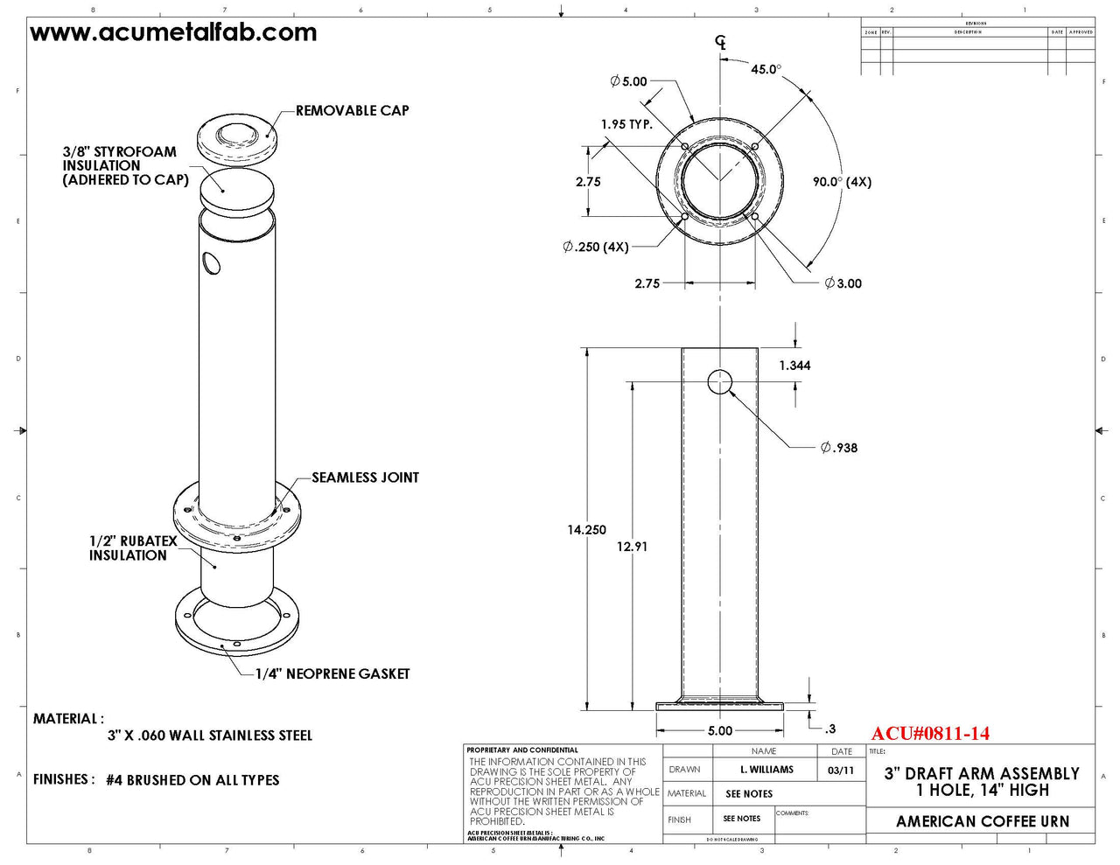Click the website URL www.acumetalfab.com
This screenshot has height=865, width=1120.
coord(173,33)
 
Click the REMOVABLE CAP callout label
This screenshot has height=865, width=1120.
coord(352,111)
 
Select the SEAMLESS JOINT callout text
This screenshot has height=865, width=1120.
coord(365,478)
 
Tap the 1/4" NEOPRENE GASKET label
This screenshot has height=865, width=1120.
coord(332,674)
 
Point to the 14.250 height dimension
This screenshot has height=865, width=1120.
coord(586,530)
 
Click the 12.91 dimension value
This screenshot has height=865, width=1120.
coord(632,547)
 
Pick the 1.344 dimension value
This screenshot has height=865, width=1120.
coord(794,366)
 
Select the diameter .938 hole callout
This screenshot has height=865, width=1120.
coord(839,448)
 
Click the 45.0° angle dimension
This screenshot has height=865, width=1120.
coord(766,69)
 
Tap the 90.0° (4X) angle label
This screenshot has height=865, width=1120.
coord(842,182)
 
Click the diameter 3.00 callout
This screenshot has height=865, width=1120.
coord(843,283)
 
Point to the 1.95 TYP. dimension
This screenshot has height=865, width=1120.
coord(626,124)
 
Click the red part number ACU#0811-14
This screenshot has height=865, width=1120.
coord(930,734)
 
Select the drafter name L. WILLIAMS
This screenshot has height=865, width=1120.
coord(766,770)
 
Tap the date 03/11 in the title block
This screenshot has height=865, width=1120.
coord(841,771)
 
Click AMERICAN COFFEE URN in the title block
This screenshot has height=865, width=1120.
coord(982,821)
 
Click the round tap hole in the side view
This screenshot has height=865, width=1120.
coord(719,382)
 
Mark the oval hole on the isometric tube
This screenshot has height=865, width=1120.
coord(211,262)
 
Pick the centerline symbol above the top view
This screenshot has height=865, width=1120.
coord(720,42)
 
